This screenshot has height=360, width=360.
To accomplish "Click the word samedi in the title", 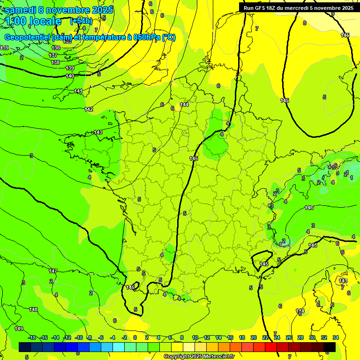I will point(22,10).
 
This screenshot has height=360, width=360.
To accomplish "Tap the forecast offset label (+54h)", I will point(81,21).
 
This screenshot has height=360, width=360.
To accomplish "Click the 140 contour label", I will point(70,76).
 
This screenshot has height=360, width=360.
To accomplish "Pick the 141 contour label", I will point(78,91).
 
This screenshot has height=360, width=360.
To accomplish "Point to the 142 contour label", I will point(89,109).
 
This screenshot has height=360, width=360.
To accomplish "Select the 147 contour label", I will point(53,271).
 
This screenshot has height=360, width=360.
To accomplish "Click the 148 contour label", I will point(33,309).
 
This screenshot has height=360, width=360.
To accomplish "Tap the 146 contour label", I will point(309,208).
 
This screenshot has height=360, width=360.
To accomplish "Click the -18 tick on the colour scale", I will point(32,337).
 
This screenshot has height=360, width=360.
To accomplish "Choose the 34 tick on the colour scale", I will point(336,337).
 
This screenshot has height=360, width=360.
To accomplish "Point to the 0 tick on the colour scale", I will point(135,337).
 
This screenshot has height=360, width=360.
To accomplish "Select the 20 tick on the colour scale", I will point(254,337).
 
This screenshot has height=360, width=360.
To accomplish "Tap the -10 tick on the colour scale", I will point(79,337).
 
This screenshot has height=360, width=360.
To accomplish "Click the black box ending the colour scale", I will point(330,347).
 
